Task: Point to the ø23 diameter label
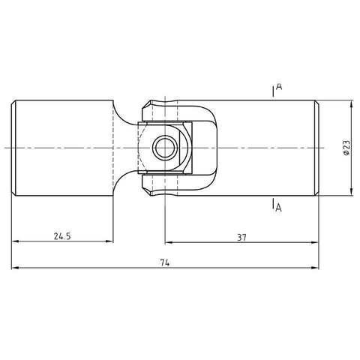[x=346, y=148]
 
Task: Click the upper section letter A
[x=278, y=88]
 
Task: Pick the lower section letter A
[x=278, y=208]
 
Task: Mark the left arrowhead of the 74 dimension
[x=15, y=268]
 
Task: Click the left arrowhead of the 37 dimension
[x=168, y=242]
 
